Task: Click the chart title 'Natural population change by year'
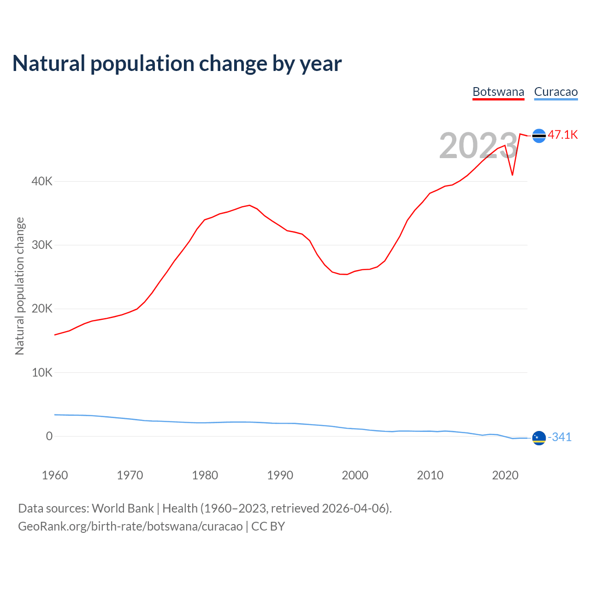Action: [177, 64]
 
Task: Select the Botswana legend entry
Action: [498, 92]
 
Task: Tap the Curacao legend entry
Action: [555, 92]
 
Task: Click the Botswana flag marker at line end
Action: [539, 136]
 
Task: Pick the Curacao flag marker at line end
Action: [539, 437]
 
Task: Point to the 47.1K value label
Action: [563, 135]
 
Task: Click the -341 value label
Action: [560, 437]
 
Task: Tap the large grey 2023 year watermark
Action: [478, 146]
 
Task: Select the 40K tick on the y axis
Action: [42, 182]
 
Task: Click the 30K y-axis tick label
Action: [42, 245]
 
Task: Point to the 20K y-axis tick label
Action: [42, 309]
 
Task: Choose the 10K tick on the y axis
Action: [42, 372]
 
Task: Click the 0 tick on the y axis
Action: [49, 436]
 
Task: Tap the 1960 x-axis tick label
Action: [55, 475]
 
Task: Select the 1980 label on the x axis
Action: [205, 475]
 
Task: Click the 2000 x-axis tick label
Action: [355, 475]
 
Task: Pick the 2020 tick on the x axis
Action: [505, 475]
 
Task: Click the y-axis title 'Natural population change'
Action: [20, 286]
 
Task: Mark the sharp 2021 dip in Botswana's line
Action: [512, 175]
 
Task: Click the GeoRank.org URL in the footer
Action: [130, 526]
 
